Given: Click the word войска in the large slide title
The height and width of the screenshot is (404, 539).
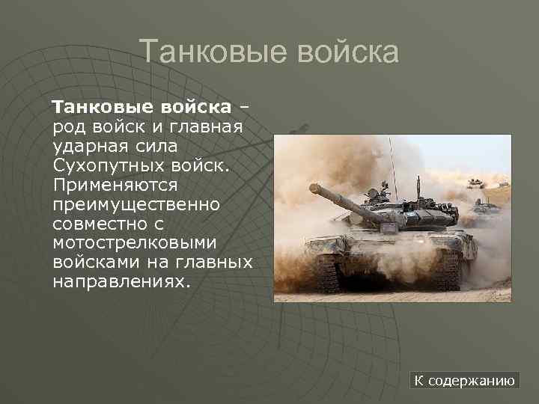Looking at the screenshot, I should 348,52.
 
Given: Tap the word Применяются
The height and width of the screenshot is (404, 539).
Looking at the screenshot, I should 115,183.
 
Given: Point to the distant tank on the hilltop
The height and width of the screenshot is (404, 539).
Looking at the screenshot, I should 476,182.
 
